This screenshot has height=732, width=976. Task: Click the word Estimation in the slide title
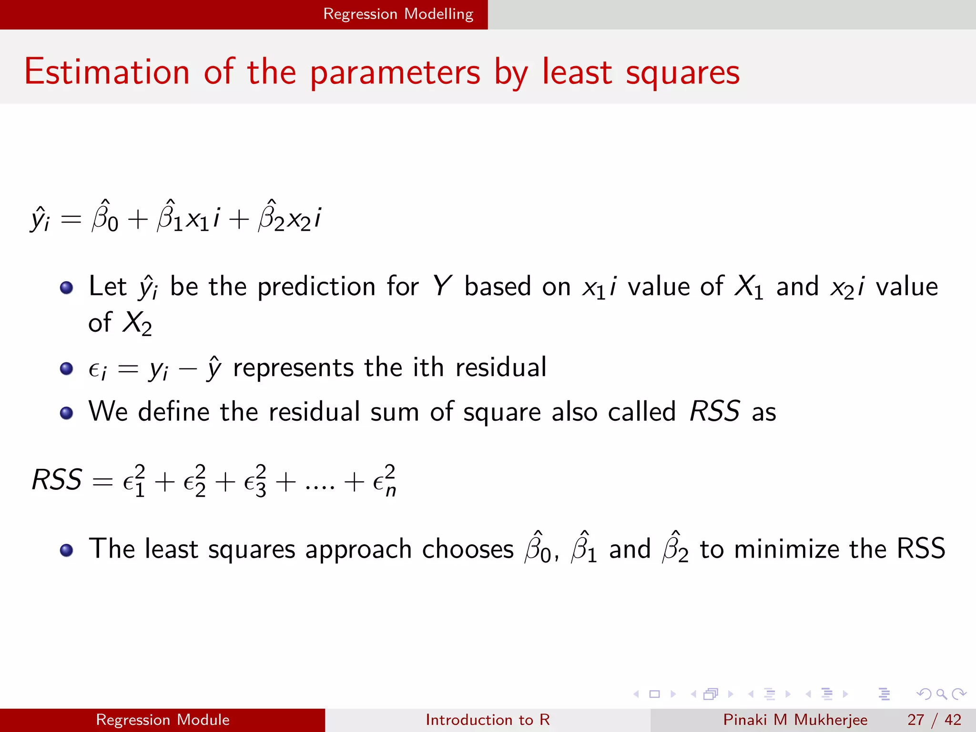click(107, 72)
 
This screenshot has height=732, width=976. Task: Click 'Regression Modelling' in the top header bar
click(398, 14)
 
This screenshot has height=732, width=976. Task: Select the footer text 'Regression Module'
click(163, 720)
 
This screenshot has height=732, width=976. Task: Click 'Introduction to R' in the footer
click(488, 720)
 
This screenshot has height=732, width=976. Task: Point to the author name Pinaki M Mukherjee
click(795, 720)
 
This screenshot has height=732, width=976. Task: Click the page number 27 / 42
click(934, 720)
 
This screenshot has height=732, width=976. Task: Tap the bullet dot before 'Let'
click(66, 287)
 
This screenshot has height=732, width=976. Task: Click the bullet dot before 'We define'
click(66, 413)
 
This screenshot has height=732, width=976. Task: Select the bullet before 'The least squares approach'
click(66, 550)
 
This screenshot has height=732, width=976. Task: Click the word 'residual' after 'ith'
click(501, 367)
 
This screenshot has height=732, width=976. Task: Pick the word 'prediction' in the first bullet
click(316, 287)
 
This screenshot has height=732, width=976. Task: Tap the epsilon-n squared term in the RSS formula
click(384, 481)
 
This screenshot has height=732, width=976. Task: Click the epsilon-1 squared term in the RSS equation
click(134, 481)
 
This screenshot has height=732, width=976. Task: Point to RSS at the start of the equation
click(57, 479)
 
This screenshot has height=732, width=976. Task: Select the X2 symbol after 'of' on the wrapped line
click(137, 324)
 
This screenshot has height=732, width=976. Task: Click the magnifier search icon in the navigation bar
click(941, 694)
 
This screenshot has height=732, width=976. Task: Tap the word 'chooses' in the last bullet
click(468, 549)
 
